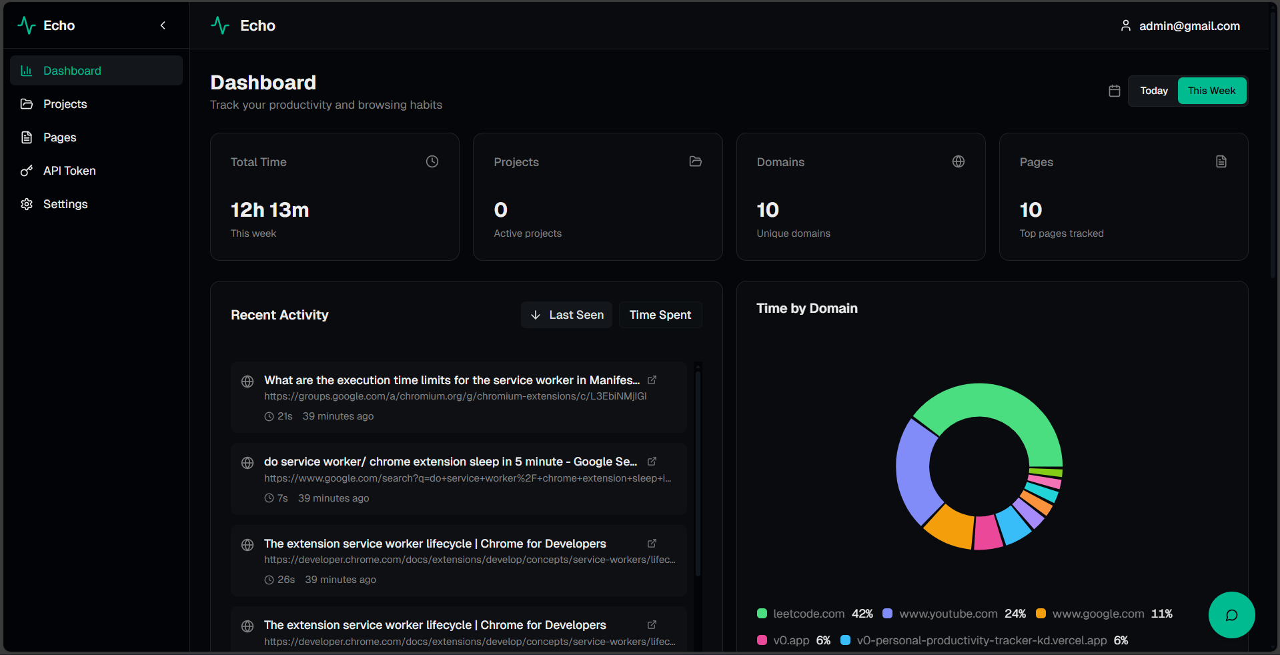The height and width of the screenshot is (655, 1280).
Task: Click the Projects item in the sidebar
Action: point(65,104)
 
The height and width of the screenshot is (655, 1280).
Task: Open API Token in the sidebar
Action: point(69,171)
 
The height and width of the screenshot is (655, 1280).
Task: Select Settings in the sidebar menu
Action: point(65,204)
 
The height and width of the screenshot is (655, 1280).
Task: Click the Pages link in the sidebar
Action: point(59,137)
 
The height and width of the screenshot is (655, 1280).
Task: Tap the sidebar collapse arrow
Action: point(163,25)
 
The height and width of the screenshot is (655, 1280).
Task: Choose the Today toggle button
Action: point(1153,91)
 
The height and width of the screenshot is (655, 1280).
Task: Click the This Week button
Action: point(1211,91)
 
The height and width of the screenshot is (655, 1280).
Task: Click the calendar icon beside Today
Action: point(1114,91)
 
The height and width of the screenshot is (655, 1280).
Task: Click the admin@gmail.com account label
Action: point(1189,26)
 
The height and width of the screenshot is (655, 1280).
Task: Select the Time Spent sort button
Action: point(660,315)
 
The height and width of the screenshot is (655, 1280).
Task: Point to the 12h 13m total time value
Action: point(269,210)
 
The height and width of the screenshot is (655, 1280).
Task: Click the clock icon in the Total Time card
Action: point(432,161)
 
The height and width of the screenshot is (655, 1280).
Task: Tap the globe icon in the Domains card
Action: point(958,161)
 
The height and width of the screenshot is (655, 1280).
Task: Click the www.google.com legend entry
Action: point(1097,614)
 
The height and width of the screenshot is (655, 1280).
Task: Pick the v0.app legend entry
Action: point(790,640)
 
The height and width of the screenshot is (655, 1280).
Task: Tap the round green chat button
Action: point(1231,615)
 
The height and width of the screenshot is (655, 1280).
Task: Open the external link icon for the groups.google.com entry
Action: point(652,380)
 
